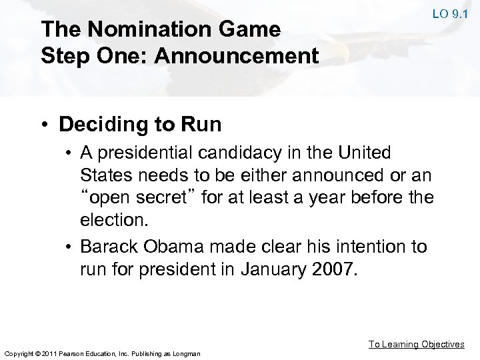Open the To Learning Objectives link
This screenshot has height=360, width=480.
coord(417,344)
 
